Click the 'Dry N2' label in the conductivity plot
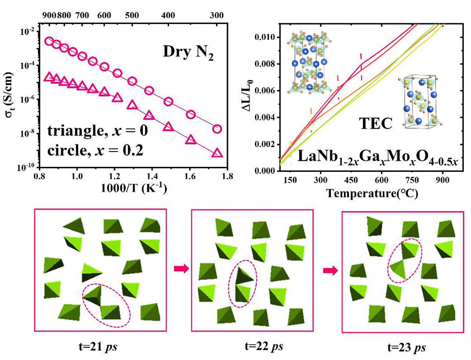pos(188,53)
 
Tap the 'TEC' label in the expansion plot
pos(376,123)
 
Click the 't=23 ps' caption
pos(407,347)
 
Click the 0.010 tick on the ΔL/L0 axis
pos(265,37)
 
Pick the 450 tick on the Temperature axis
pos(351,180)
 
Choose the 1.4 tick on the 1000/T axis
pos(152,176)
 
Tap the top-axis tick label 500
pos(132,15)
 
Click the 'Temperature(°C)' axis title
pos(372,193)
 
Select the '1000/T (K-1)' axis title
pos(134,188)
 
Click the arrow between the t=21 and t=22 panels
pos(181,268)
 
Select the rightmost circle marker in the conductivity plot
pos(217,129)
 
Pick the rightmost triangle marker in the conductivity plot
pos(217,153)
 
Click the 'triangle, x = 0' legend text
pos(97,131)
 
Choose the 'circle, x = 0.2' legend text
pos(95,151)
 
